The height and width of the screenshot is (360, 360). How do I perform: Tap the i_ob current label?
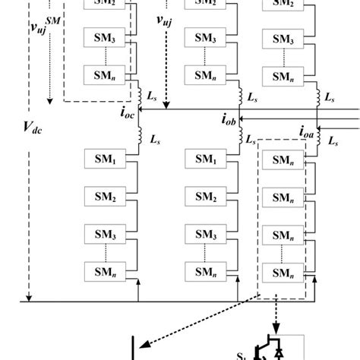229,118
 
